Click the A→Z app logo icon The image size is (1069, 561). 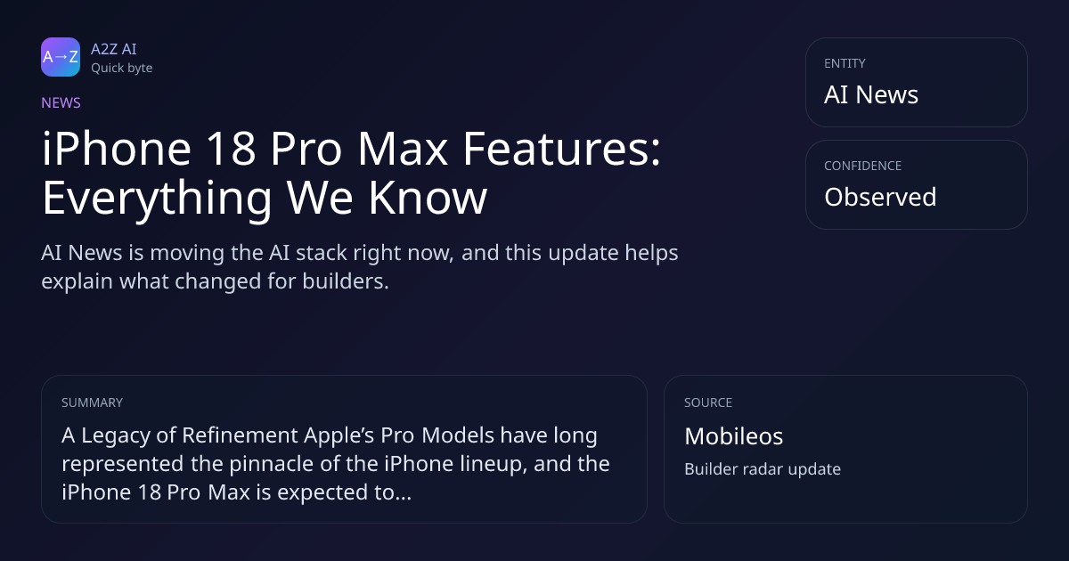point(61,57)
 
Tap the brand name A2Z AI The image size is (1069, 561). point(114,49)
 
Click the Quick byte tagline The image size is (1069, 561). point(122,69)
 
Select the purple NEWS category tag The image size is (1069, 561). point(61,102)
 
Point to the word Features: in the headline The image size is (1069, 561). point(562,149)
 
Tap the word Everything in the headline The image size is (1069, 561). point(157,198)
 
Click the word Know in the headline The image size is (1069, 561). point(428,198)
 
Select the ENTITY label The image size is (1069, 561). point(845,63)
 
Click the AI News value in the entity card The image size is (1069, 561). point(871,94)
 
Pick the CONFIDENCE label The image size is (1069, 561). point(863,166)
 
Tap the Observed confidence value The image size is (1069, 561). point(880,197)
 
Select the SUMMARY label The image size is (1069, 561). point(92,402)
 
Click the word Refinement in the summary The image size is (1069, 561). point(240,435)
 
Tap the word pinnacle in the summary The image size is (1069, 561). point(271,464)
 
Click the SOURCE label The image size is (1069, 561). point(708,402)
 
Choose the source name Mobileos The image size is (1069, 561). point(733,436)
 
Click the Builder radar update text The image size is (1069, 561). point(763,469)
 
